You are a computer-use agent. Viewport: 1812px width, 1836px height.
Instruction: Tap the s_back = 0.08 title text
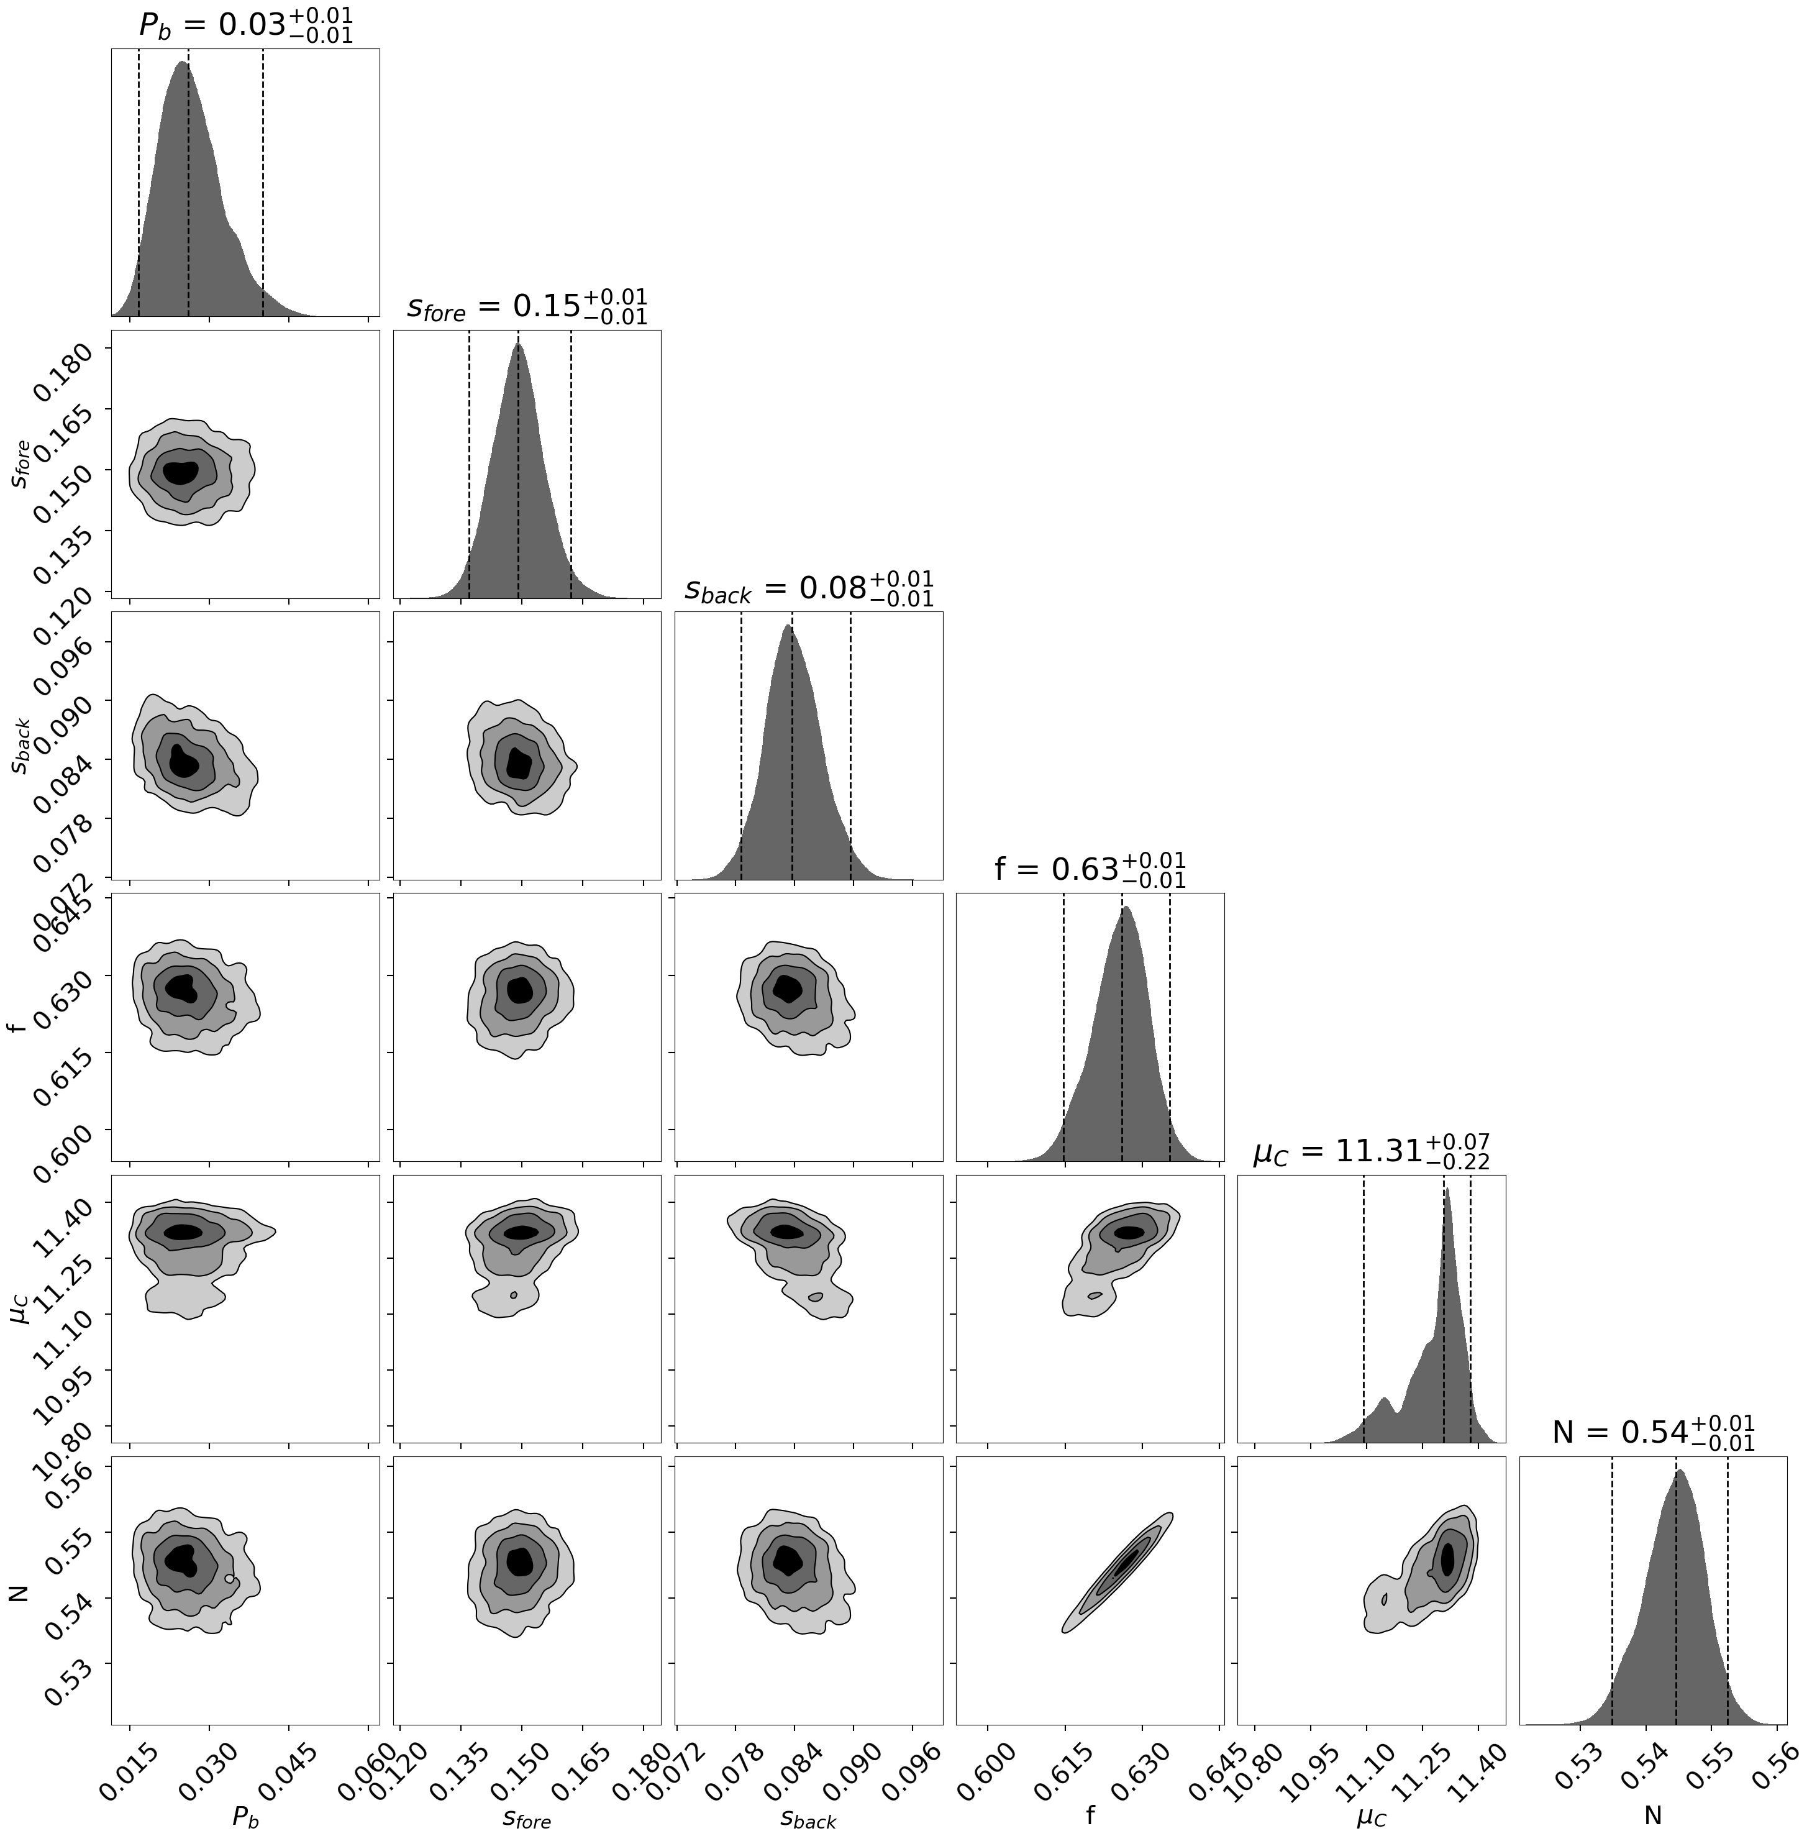coord(809,587)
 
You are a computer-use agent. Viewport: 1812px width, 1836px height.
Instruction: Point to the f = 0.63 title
coord(1090,869)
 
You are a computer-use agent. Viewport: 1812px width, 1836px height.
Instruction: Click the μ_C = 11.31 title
coord(1371,1150)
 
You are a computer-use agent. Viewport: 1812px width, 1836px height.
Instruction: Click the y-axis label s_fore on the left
coord(21,464)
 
